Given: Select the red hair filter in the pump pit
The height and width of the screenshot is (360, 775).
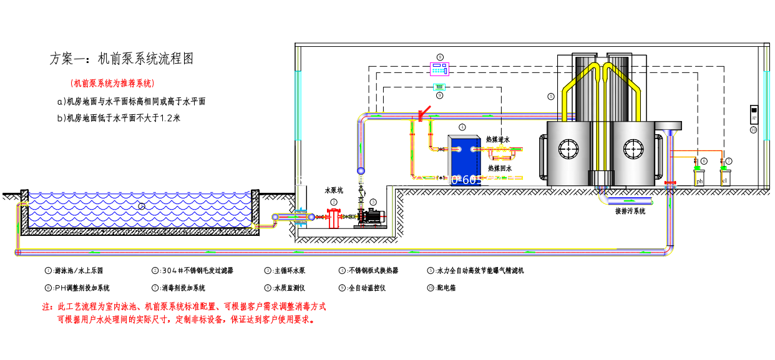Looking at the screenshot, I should [x=334, y=218].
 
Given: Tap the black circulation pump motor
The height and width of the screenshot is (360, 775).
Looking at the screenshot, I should [x=374, y=216].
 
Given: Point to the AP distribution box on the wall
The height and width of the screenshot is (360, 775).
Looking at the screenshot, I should [x=753, y=116].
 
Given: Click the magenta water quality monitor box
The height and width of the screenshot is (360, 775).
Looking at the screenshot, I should [x=441, y=68].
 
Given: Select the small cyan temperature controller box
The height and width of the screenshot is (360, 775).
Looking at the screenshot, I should [x=439, y=86].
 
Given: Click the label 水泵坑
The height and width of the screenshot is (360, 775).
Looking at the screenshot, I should [x=334, y=190].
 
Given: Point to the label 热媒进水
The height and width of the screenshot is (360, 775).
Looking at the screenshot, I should [x=498, y=139].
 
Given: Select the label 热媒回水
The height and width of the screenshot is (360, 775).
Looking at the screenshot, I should [x=500, y=168].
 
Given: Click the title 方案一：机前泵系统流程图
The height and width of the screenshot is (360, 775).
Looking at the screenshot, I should [x=122, y=59].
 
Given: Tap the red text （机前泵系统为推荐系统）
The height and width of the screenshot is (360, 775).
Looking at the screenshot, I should [x=112, y=83].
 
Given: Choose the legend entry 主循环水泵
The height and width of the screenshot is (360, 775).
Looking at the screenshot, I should [x=288, y=271].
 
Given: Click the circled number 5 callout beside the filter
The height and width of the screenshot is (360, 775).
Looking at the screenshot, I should [x=550, y=97].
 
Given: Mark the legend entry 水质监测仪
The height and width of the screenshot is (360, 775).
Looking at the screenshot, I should [x=288, y=288].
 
